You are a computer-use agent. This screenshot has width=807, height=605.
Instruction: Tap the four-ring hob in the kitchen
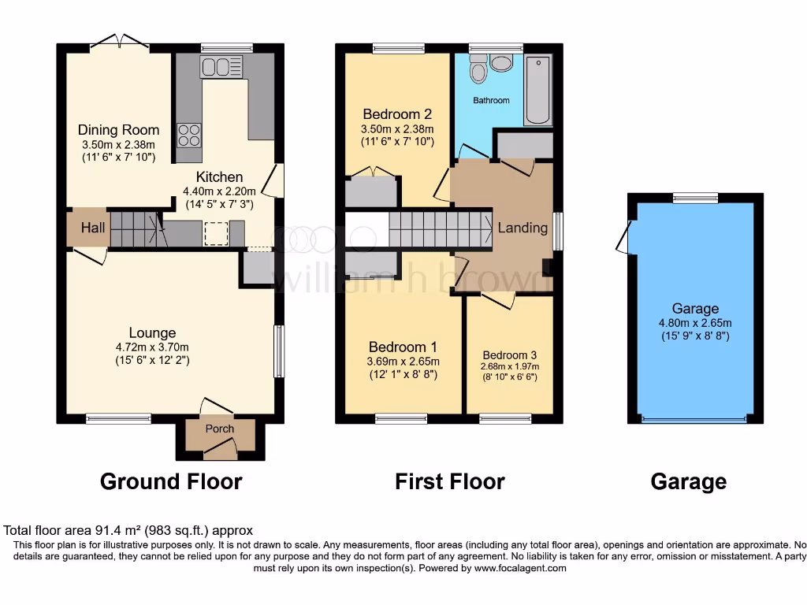[189, 135]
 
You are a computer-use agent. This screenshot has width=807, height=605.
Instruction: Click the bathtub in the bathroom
[539, 91]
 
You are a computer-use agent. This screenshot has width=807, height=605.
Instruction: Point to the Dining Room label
[118, 130]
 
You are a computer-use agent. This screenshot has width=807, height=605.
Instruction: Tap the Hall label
[93, 228]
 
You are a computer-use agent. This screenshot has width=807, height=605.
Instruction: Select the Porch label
[220, 429]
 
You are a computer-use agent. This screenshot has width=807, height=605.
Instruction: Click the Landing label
[523, 228]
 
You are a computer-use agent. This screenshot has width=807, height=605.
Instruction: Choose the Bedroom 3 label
[509, 354]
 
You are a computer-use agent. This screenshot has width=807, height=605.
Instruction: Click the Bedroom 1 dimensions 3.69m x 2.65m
[403, 362]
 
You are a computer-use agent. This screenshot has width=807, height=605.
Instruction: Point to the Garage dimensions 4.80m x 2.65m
[695, 323]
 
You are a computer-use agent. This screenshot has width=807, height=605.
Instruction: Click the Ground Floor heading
[171, 481]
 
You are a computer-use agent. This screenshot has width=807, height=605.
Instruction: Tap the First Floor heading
[449, 481]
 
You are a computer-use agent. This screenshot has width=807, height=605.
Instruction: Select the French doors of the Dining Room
[119, 41]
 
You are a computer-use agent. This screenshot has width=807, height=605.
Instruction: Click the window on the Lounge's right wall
[278, 351]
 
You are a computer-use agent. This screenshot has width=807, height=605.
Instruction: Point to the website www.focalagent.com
[519, 568]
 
